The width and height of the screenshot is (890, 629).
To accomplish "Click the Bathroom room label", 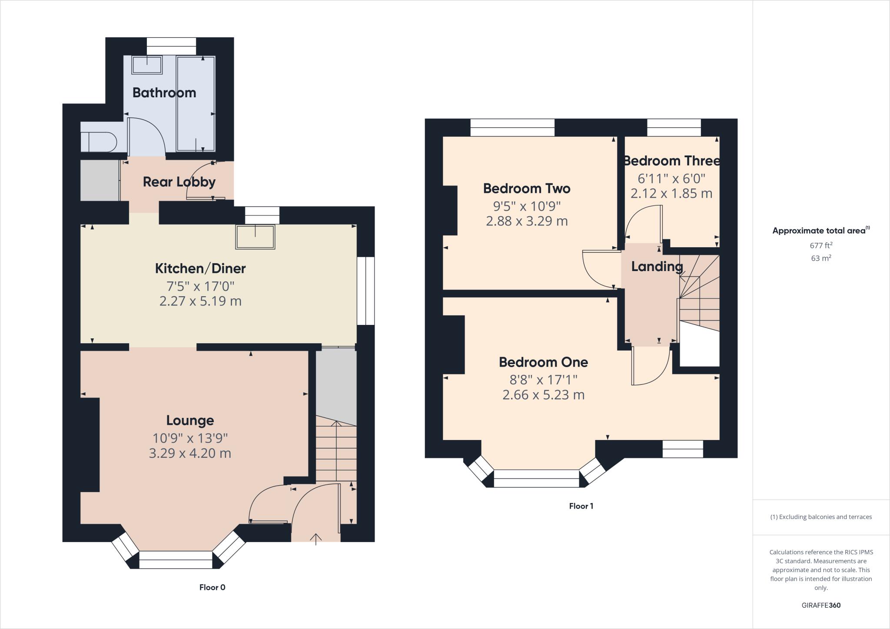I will [x=164, y=93].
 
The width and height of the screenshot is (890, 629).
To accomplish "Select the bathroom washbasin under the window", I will [x=147, y=66].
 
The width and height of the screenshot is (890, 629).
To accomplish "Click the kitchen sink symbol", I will [x=255, y=237].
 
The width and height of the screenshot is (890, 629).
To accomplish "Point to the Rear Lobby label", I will [x=179, y=182].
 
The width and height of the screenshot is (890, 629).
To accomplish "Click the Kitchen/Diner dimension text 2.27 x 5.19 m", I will [x=200, y=301].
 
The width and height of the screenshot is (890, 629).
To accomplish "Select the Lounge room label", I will [x=190, y=420].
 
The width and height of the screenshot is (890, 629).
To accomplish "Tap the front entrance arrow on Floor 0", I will [x=315, y=539].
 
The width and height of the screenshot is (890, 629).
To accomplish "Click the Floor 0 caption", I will [x=212, y=587].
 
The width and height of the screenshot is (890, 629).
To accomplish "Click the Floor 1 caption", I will [x=581, y=506].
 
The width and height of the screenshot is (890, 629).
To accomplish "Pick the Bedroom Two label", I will [x=527, y=188].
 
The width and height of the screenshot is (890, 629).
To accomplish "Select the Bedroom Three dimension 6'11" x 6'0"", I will [x=671, y=179].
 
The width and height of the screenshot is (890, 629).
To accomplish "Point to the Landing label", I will [x=657, y=266].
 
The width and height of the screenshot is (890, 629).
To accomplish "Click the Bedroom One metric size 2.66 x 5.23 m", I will [x=543, y=395].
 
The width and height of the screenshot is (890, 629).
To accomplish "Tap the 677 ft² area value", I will [x=821, y=245].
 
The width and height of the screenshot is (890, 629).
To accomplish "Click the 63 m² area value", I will [x=821, y=258].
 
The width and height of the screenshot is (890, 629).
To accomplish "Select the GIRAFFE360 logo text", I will [x=821, y=605].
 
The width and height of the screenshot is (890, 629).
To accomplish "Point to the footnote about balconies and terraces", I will [x=821, y=517].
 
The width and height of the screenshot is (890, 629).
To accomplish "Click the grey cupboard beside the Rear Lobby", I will [x=100, y=181].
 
